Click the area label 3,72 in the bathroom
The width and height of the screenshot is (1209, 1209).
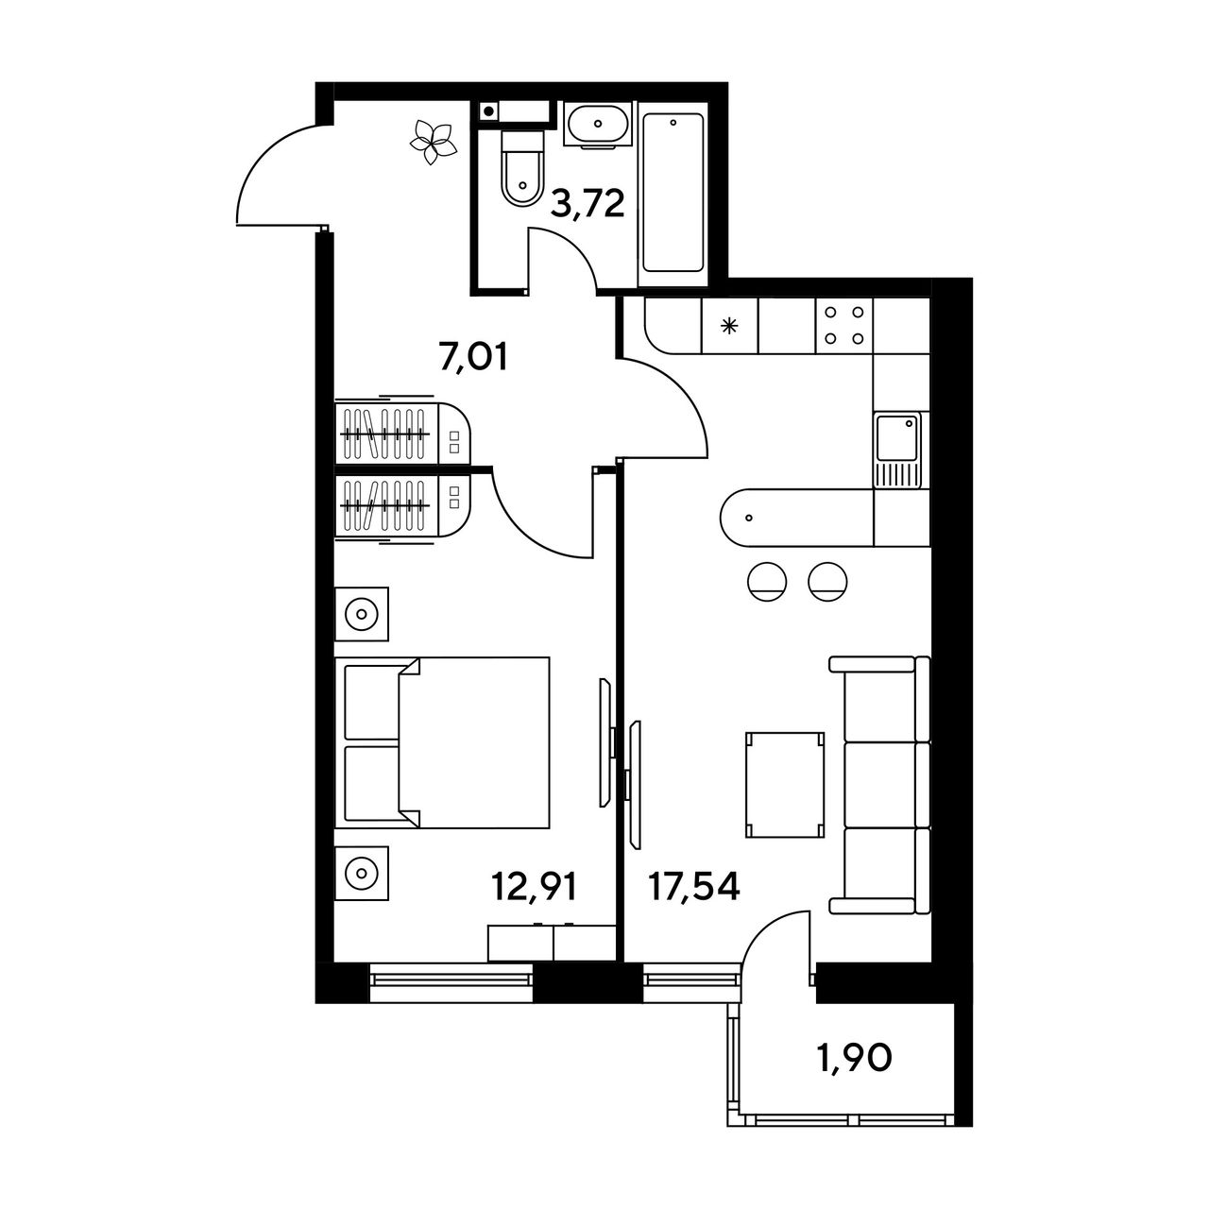(x=587, y=205)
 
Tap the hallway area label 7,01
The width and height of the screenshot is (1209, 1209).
(x=473, y=358)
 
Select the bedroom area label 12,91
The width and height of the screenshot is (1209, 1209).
(x=534, y=888)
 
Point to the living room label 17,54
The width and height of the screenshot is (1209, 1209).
(x=694, y=887)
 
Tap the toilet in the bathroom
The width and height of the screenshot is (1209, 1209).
(x=522, y=167)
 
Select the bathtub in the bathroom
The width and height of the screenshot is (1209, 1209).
(x=673, y=194)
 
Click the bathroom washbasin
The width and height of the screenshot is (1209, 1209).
(x=597, y=125)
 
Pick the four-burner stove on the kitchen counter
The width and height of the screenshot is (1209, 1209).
(x=843, y=325)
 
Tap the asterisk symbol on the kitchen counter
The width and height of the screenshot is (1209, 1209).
(x=728, y=326)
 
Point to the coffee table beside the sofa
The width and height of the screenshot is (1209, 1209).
(x=784, y=784)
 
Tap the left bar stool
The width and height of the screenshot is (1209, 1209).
(x=767, y=582)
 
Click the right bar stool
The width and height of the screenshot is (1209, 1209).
(x=827, y=582)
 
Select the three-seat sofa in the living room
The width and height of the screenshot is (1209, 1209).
(x=879, y=784)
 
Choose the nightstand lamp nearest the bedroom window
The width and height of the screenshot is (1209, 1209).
(x=361, y=873)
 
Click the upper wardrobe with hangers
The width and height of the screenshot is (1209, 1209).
(x=402, y=433)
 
